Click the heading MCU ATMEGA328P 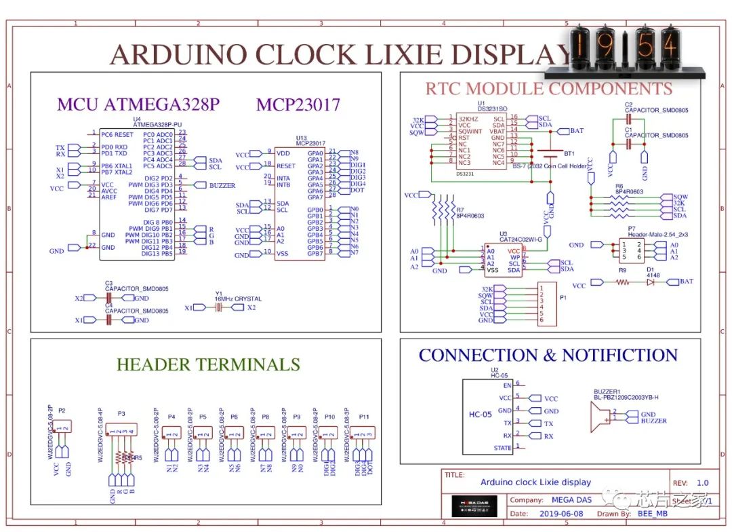tap(138, 104)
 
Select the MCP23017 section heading tap(298, 104)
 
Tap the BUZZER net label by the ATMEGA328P tap(222, 185)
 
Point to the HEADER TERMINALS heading tap(208, 364)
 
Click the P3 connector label tap(121, 413)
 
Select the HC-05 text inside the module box tap(480, 415)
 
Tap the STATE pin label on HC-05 tap(502, 448)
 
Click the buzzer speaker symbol tap(601, 414)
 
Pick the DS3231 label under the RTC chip tap(467, 174)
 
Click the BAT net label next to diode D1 tap(687, 282)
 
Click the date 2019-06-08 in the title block tap(557, 514)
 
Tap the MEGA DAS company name tap(571, 500)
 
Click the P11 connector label tap(364, 417)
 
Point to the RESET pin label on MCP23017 tap(287, 166)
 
